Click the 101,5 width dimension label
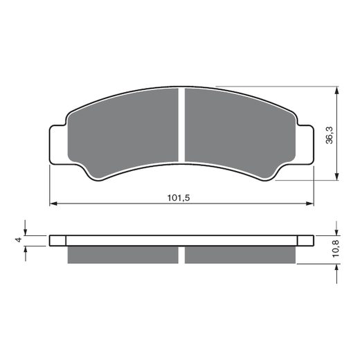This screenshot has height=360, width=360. (x=179, y=198)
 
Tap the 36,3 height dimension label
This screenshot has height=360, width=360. (x=330, y=136)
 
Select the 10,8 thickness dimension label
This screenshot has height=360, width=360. (x=336, y=249)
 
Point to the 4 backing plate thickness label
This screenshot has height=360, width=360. (x=19, y=240)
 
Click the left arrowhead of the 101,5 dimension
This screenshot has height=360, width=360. (x=53, y=204)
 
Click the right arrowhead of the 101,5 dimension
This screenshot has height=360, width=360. (x=310, y=204)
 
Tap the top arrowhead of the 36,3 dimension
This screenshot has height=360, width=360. (x=337, y=91)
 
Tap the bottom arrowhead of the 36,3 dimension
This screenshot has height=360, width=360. (x=337, y=177)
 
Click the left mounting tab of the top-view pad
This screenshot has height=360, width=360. (x=58, y=145)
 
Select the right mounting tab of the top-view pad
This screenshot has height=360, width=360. (x=305, y=145)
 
